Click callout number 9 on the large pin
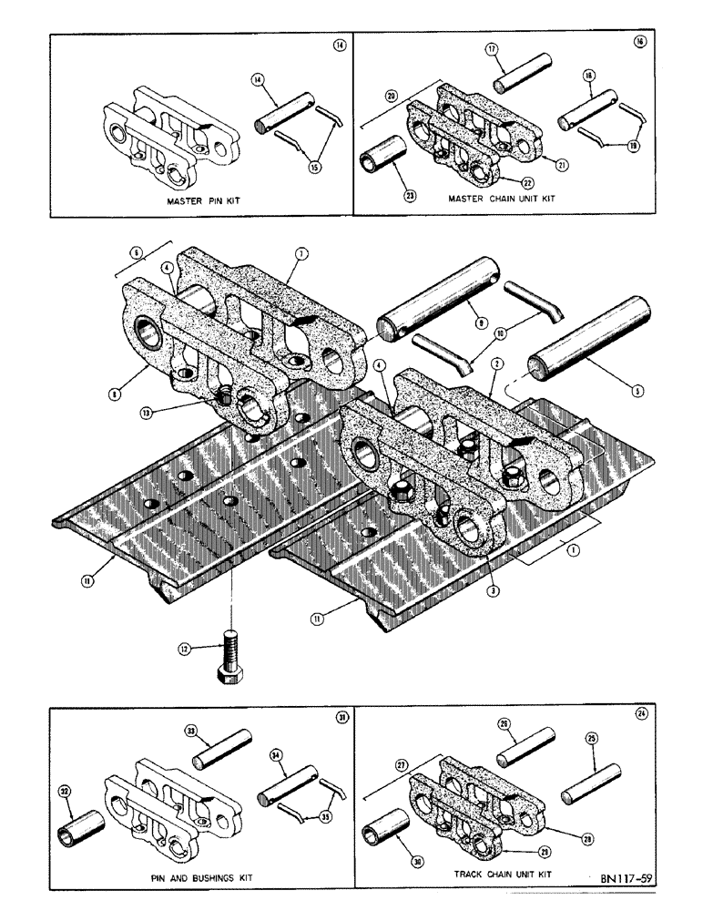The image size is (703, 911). click(x=482, y=320)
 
